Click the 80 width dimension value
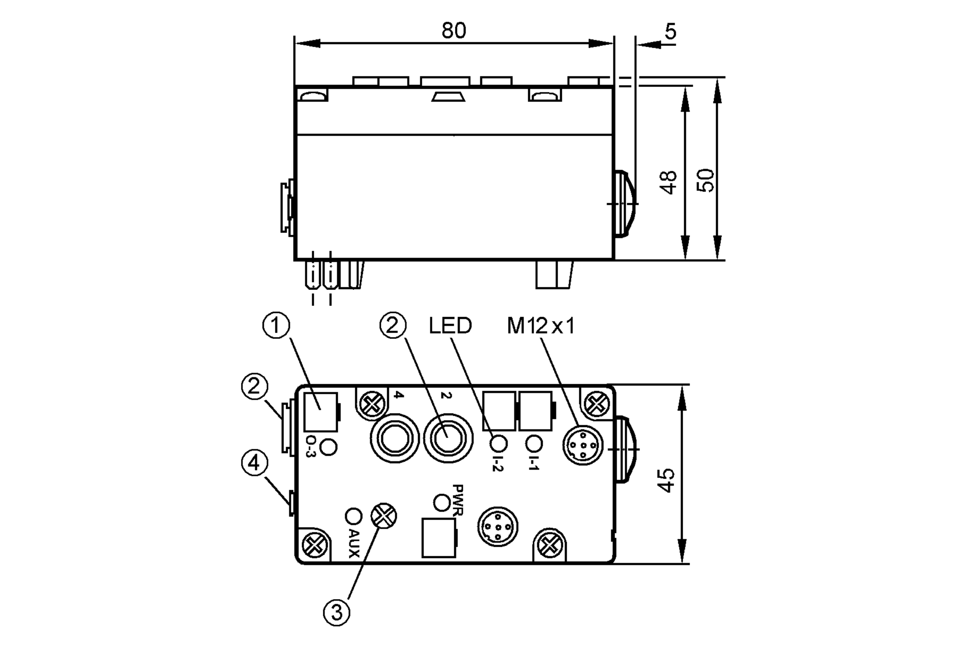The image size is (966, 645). (x=454, y=30)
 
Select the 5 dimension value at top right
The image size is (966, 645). (x=670, y=31)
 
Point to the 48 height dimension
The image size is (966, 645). (x=669, y=182)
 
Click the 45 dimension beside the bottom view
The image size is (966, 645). (x=667, y=480)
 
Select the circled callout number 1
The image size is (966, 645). (x=276, y=326)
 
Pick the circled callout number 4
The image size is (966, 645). (x=254, y=463)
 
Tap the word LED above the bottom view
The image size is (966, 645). (x=450, y=326)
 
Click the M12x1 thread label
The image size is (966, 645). (x=540, y=327)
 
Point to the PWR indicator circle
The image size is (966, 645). (x=442, y=502)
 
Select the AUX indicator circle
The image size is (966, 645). (x=353, y=516)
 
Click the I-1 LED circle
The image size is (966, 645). (x=534, y=443)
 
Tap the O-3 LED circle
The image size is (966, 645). (x=328, y=447)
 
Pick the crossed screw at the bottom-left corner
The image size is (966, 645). (x=314, y=545)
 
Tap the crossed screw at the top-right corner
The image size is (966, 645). (x=597, y=403)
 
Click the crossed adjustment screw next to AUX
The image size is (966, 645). (x=383, y=516)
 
